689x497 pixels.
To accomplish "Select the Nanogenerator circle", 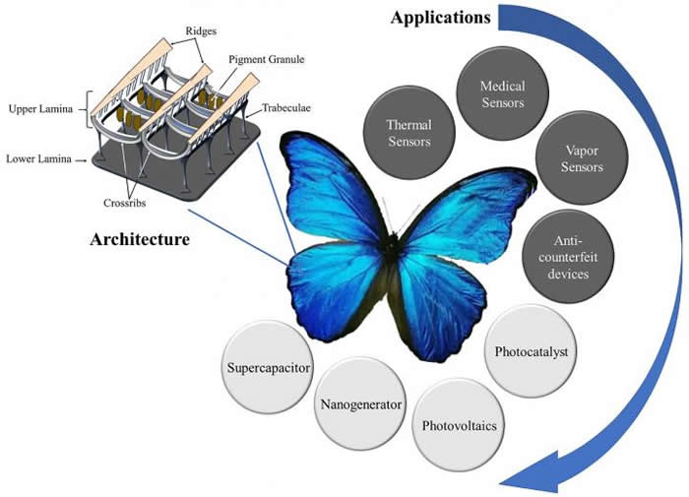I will coord(356,403).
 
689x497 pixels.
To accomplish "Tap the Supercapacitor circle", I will coord(266,367).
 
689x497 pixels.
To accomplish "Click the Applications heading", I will coord(441,17).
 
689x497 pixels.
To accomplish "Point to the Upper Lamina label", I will coord(40,108).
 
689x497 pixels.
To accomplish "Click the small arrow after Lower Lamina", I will coord(80,157).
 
